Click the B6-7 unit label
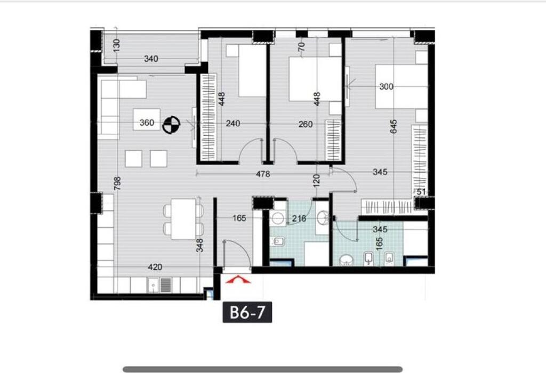[x=247, y=312]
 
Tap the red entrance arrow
[x=237, y=279]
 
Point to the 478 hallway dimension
[x=263, y=174]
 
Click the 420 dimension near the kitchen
[x=155, y=267]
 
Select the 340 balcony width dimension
[x=151, y=59]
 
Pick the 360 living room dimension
[x=147, y=123]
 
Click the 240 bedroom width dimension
[x=233, y=124]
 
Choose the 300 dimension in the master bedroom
[x=386, y=86]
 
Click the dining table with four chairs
[x=183, y=219]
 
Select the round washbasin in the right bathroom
[x=347, y=260]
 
